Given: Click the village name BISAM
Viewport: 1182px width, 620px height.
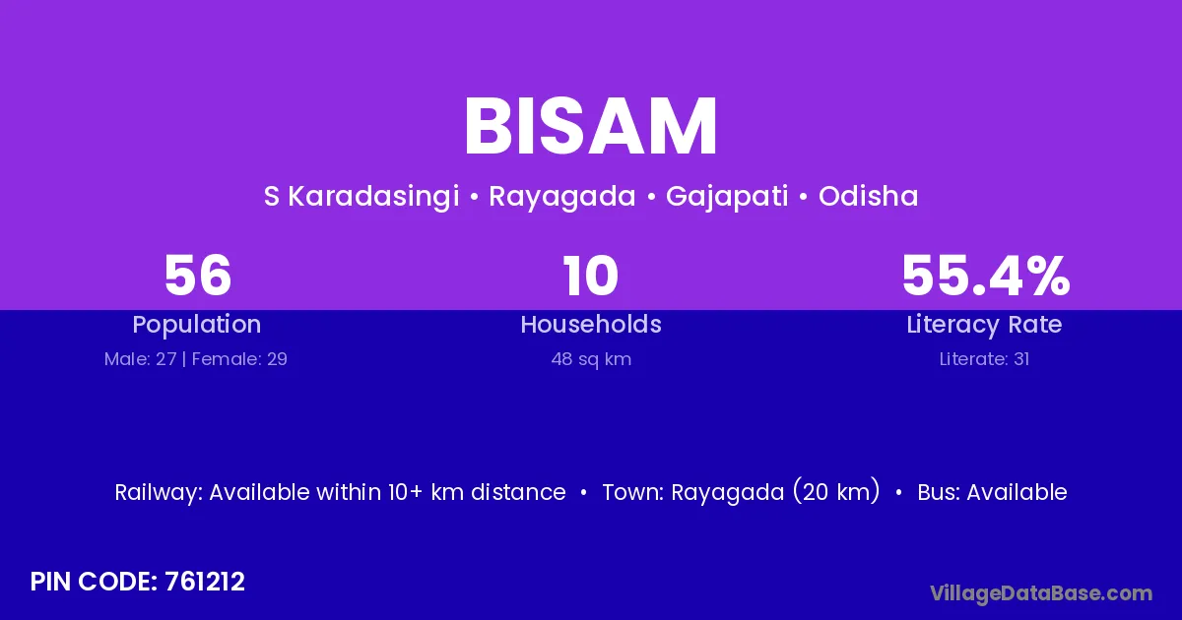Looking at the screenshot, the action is [590, 127].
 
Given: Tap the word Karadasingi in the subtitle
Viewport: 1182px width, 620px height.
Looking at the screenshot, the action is [373, 197].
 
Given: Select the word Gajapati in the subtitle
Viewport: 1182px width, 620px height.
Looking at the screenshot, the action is [727, 197].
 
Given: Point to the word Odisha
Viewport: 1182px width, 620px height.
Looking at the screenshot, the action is [869, 196].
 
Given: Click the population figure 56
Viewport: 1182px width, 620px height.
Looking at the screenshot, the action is [198, 276].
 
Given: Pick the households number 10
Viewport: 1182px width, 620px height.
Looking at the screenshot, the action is [590, 276].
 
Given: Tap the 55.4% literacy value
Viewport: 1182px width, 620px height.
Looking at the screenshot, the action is [986, 276].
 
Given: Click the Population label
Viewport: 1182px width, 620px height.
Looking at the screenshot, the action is [197, 325].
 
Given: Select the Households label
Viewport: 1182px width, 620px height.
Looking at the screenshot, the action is [591, 324].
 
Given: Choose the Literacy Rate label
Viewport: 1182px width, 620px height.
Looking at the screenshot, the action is [984, 325].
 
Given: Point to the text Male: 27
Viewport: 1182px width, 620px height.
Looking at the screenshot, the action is [140, 359].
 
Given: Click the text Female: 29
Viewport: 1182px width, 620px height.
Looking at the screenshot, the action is [239, 359].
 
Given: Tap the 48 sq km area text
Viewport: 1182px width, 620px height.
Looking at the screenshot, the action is [591, 359].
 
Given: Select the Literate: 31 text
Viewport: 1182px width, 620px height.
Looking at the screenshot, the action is [984, 359].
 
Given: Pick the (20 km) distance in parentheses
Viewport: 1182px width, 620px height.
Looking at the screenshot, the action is [837, 491].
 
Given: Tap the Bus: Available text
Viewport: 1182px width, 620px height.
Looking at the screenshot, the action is [992, 492].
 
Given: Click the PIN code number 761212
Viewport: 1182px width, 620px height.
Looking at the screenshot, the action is [205, 582].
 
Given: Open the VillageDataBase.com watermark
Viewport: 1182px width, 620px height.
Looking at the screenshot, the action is [1041, 593].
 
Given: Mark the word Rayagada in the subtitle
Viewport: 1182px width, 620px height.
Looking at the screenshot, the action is [562, 197].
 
